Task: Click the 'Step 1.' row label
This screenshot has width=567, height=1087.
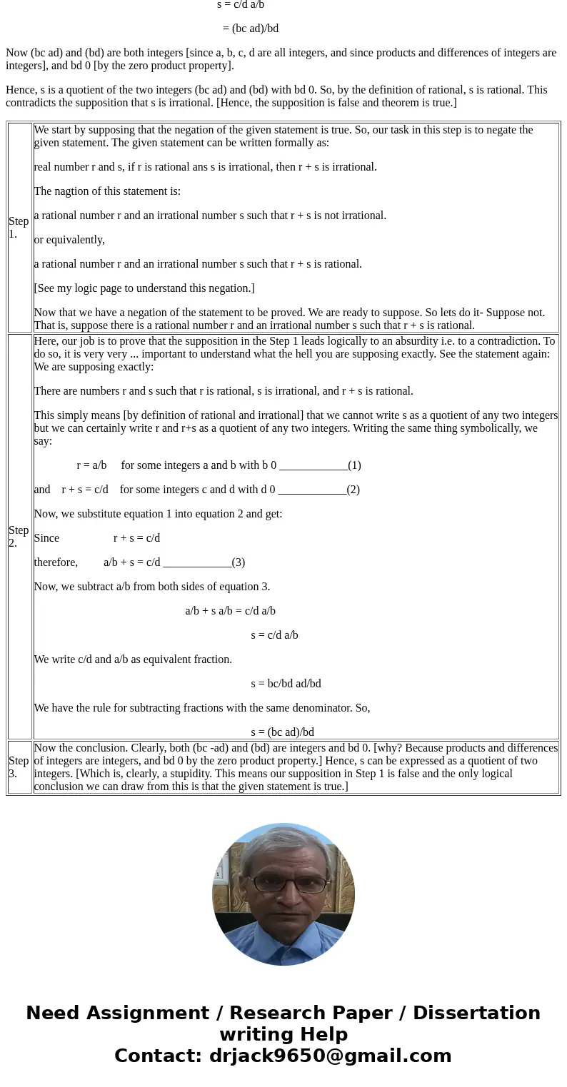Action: point(19,227)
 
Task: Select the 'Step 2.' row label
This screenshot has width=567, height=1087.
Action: point(19,536)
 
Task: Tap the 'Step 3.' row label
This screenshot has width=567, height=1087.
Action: point(19,767)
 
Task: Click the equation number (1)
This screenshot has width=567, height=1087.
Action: point(354,465)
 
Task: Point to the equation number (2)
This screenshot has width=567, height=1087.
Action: point(353,490)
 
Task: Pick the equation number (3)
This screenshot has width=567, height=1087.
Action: point(238,562)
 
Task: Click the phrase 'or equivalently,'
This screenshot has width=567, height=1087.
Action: point(69,240)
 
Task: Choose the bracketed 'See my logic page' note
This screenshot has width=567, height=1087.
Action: point(144,288)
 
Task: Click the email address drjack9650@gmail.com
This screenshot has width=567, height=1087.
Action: point(330,1056)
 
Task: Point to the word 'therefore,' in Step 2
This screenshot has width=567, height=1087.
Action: point(56,562)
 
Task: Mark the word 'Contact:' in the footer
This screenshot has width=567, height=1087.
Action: point(159,1056)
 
